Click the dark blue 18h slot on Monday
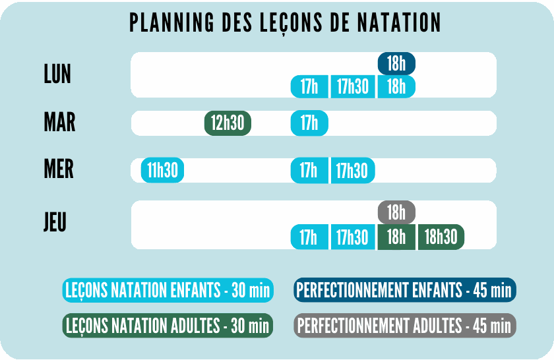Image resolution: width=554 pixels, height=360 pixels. [396, 64]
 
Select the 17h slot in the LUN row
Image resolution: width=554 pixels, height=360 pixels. [309, 86]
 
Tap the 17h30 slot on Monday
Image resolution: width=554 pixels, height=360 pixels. [353, 86]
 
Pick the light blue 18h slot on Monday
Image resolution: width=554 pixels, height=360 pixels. [396, 86]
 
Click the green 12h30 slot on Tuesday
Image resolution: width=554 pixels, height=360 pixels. [228, 123]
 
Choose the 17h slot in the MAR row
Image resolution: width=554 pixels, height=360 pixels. [309, 123]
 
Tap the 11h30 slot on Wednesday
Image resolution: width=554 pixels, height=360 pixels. [163, 170]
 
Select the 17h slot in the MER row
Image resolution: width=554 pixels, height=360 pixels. [309, 170]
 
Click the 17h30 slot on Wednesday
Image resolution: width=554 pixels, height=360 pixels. [353, 170]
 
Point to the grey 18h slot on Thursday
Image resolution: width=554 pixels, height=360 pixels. [396, 212]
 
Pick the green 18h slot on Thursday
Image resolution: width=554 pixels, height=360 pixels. [396, 237]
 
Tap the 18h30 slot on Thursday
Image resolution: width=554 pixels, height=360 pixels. [441, 237]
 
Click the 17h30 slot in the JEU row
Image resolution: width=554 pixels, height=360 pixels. [353, 237]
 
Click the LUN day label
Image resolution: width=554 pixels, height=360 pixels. [57, 75]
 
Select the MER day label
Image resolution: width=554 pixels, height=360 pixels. [59, 169]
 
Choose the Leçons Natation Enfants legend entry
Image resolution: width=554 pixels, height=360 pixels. [168, 290]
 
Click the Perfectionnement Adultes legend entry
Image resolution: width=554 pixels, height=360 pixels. [404, 325]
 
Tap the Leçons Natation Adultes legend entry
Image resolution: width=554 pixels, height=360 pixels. [168, 325]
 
